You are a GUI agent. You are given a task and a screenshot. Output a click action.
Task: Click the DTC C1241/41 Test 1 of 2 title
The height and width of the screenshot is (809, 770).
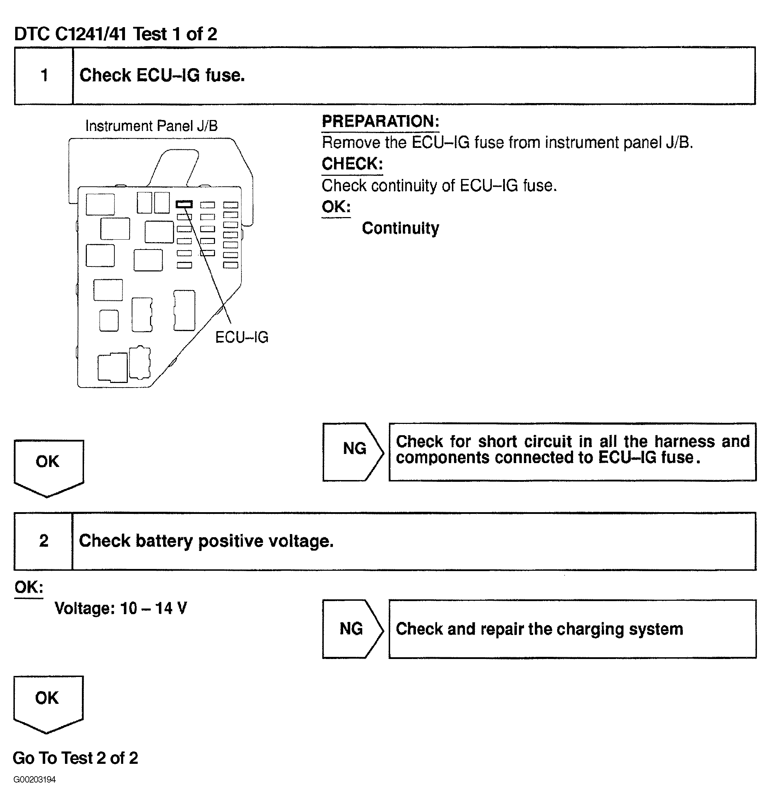tap(115, 34)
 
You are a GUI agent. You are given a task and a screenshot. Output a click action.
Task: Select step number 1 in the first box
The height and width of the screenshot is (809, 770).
tap(44, 76)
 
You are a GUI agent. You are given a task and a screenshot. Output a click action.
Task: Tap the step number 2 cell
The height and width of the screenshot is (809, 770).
tap(43, 541)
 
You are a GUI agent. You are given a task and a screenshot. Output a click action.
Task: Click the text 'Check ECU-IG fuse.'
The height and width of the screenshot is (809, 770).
tap(162, 76)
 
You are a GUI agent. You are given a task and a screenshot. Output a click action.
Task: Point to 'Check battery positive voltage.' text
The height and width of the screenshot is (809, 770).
tap(206, 541)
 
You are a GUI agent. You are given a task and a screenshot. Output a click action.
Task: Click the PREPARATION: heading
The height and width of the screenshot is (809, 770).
tap(380, 121)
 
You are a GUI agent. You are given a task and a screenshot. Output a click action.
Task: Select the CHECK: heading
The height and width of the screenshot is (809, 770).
tap(352, 164)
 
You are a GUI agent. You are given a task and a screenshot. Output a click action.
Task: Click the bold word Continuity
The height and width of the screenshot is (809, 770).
tap(400, 228)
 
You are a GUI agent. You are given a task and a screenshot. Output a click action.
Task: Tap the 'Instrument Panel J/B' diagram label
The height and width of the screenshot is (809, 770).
tap(151, 126)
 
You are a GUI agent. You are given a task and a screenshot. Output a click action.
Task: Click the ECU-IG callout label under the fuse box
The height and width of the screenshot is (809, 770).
tap(242, 337)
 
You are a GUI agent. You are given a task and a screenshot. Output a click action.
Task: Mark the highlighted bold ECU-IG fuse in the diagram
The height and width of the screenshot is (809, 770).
tap(184, 204)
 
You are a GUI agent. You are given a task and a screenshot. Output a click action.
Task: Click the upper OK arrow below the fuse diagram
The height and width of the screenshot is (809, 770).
tap(48, 466)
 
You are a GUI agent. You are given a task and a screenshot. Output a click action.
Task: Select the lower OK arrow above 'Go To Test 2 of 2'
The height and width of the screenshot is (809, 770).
tap(48, 701)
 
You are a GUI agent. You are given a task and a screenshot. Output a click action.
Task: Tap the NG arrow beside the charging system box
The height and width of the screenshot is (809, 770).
tap(352, 629)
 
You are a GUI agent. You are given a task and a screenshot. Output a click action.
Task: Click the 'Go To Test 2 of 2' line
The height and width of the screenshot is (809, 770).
tap(76, 758)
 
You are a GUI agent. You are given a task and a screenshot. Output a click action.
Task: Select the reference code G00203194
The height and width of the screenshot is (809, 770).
tap(35, 779)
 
